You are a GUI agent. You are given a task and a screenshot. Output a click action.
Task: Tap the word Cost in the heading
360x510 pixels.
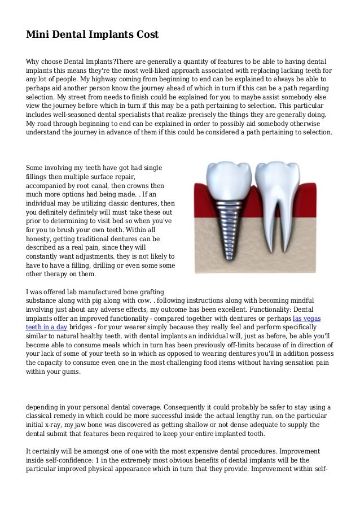point(146,34)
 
